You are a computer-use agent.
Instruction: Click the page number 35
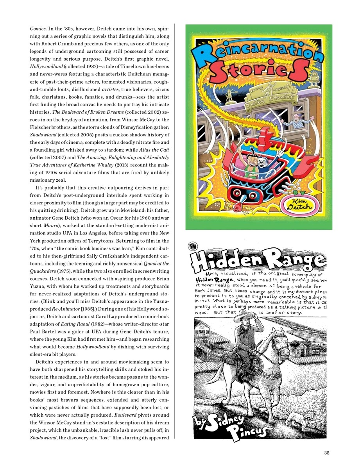point(327,453)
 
